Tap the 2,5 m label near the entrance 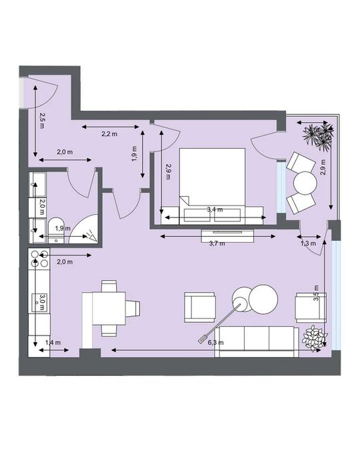[x=42, y=120]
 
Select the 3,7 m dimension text [x=217, y=244]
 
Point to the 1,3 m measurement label [x=308, y=244]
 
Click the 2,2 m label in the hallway [x=109, y=134]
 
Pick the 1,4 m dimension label [x=52, y=342]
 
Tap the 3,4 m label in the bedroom [x=215, y=209]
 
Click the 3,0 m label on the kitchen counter [x=41, y=303]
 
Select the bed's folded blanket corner [x=185, y=201]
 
